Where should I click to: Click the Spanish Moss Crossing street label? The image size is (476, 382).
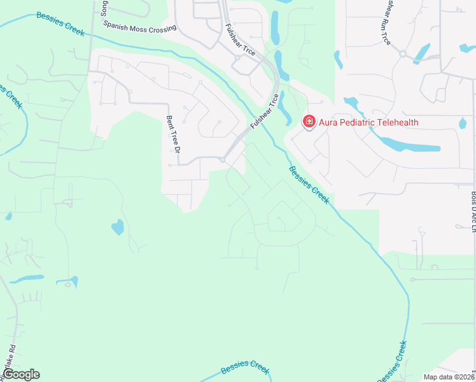click(x=141, y=29)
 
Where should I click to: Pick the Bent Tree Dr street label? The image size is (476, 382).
click(x=171, y=134)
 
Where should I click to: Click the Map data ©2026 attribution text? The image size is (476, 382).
click(x=449, y=376)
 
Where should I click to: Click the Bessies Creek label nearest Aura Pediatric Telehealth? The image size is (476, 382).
click(x=309, y=185)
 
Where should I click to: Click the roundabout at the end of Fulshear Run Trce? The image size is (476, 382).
click(x=403, y=54)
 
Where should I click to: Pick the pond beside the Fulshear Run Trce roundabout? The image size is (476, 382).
click(x=421, y=53)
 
